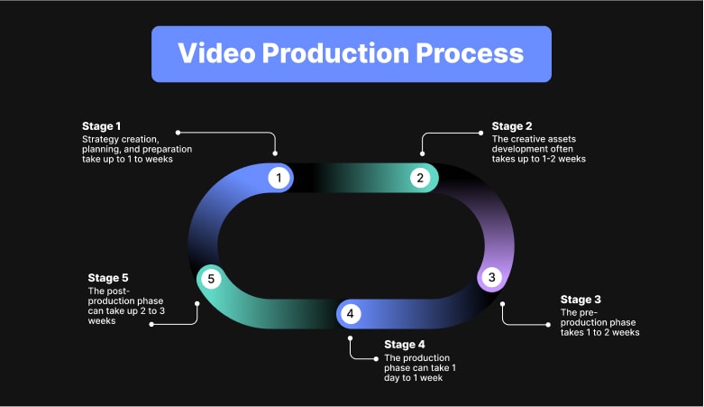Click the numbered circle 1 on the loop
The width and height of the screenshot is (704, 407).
click(x=279, y=178)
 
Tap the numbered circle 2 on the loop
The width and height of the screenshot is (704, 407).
click(x=420, y=178)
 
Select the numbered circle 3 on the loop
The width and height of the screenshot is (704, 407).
click(x=491, y=277)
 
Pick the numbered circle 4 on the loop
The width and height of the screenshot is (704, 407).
click(x=351, y=314)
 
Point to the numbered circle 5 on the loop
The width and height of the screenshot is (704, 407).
click(x=211, y=279)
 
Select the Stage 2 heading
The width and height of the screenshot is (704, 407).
click(x=511, y=126)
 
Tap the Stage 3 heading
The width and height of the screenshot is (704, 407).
click(x=581, y=300)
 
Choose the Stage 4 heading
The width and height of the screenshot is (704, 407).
click(x=404, y=345)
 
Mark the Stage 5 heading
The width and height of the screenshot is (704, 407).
click(x=108, y=278)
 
